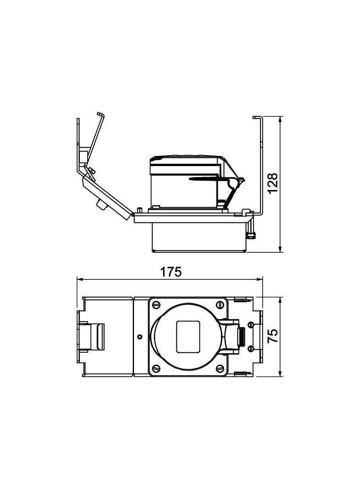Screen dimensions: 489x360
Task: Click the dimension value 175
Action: click(171, 272)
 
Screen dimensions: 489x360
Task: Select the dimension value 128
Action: click(273, 183)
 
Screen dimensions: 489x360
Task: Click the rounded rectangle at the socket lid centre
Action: click(188, 336)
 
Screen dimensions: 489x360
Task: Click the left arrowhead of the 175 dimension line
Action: click(79, 279)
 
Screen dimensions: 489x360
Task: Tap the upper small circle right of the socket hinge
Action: click(250, 325)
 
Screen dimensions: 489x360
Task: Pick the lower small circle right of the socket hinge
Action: click(250, 349)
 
